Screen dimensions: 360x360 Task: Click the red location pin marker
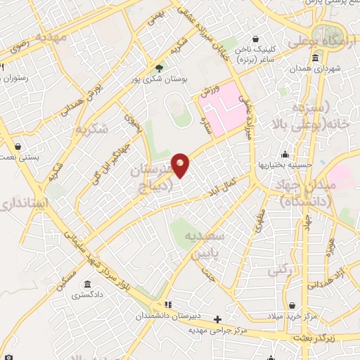181,165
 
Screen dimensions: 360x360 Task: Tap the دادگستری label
86,295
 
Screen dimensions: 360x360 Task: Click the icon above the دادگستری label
86,284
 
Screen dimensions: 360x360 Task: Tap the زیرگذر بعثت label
327,338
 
